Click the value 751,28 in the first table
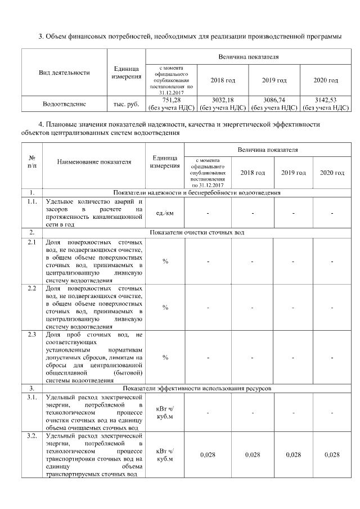click(170, 100)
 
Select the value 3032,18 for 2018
click(222, 100)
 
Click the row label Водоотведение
click(64, 103)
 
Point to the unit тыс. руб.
click(126, 103)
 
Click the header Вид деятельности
click(64, 73)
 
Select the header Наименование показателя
click(94, 162)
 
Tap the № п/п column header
click(32, 162)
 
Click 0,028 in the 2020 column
click(332, 455)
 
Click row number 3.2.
click(32, 436)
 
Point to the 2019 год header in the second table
click(293, 172)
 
